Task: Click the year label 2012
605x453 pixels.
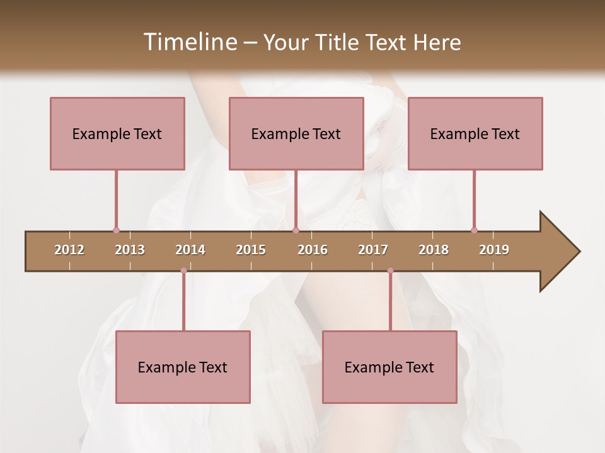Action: coord(69,250)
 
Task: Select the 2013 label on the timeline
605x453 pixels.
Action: coord(130,250)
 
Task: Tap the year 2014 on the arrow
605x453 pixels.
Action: coord(190,250)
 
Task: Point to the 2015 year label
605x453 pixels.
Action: coord(251,250)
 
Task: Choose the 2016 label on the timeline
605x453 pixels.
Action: coord(313,250)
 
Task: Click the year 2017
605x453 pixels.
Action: coord(373,250)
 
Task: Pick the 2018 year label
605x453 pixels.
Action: coord(434,250)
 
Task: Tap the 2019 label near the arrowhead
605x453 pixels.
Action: coord(494,250)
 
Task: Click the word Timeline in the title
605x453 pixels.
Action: coord(188,42)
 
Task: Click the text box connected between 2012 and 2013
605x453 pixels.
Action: coord(117,133)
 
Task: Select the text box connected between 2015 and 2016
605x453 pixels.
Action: coord(296,133)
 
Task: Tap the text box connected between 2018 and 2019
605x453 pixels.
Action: coord(475,133)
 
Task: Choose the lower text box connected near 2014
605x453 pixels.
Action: coord(183,367)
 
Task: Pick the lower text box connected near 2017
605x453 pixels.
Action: coord(389,367)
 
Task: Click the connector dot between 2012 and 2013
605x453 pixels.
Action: coord(116,230)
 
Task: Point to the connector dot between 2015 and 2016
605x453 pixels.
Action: coord(296,230)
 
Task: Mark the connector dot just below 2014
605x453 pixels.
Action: coord(183,271)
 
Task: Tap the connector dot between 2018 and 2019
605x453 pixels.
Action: coord(474,230)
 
